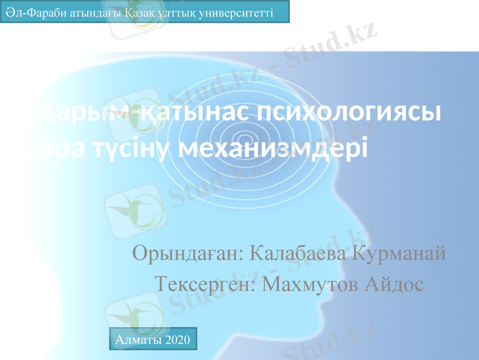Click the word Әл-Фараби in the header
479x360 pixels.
point(29,12)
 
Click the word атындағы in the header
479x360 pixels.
point(85,12)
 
